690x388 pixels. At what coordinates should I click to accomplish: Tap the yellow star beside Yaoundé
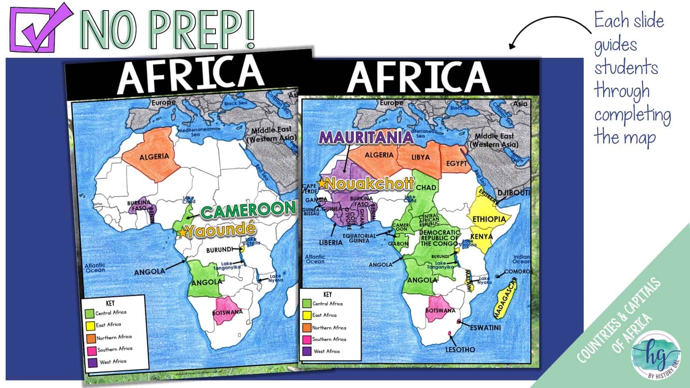pos(183,232)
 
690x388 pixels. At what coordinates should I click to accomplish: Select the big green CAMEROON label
pos(248,210)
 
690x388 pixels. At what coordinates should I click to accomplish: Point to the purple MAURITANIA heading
pos(366,137)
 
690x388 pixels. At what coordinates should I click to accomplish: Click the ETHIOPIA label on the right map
pos(489,219)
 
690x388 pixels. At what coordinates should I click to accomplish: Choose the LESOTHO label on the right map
pos(460,350)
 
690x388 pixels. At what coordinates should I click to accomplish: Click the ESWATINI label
pos(485,327)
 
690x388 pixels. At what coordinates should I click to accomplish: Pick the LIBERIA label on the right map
pos(330,242)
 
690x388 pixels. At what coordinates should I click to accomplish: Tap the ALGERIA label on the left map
pos(154,157)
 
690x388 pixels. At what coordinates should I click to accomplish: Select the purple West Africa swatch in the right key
pos(307,351)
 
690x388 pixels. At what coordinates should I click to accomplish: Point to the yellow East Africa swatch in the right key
pos(307,315)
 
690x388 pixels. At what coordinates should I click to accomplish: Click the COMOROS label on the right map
pos(518,272)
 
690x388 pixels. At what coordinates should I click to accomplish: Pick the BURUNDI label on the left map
pos(219,250)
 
